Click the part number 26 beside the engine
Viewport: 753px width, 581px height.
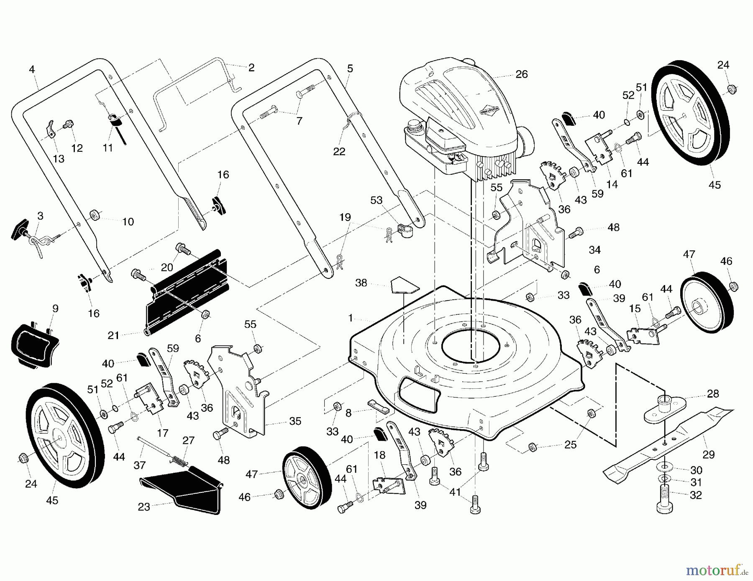[522, 74]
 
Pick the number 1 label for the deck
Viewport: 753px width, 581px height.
[351, 318]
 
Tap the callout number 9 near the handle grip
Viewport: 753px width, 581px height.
[55, 309]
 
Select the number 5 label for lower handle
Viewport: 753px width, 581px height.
[350, 68]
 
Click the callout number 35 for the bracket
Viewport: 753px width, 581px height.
[295, 421]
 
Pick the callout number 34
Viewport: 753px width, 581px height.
[594, 250]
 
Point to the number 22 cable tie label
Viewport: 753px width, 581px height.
[339, 151]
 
